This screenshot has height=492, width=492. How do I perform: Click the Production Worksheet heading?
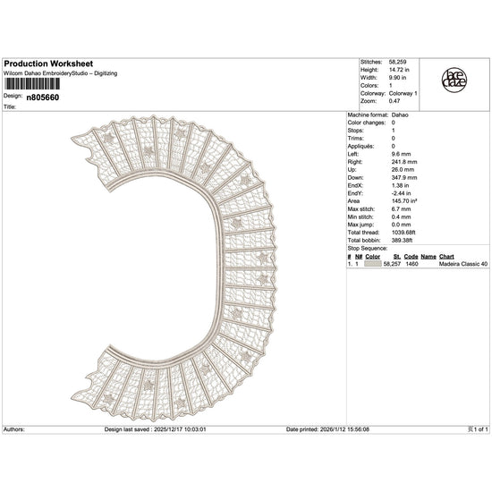coord(48,64)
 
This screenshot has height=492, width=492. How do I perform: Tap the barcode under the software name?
coord(31,84)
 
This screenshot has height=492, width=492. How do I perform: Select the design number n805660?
coord(43,98)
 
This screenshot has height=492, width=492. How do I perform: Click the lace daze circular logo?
coord(454,80)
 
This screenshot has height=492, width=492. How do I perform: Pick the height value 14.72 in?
coord(399,70)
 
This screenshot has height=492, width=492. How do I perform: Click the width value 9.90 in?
coord(397,78)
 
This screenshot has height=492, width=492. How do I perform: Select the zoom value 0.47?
coord(394,101)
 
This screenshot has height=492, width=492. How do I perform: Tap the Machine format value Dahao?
coord(400,115)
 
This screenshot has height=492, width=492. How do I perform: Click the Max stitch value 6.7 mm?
coord(401,209)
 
